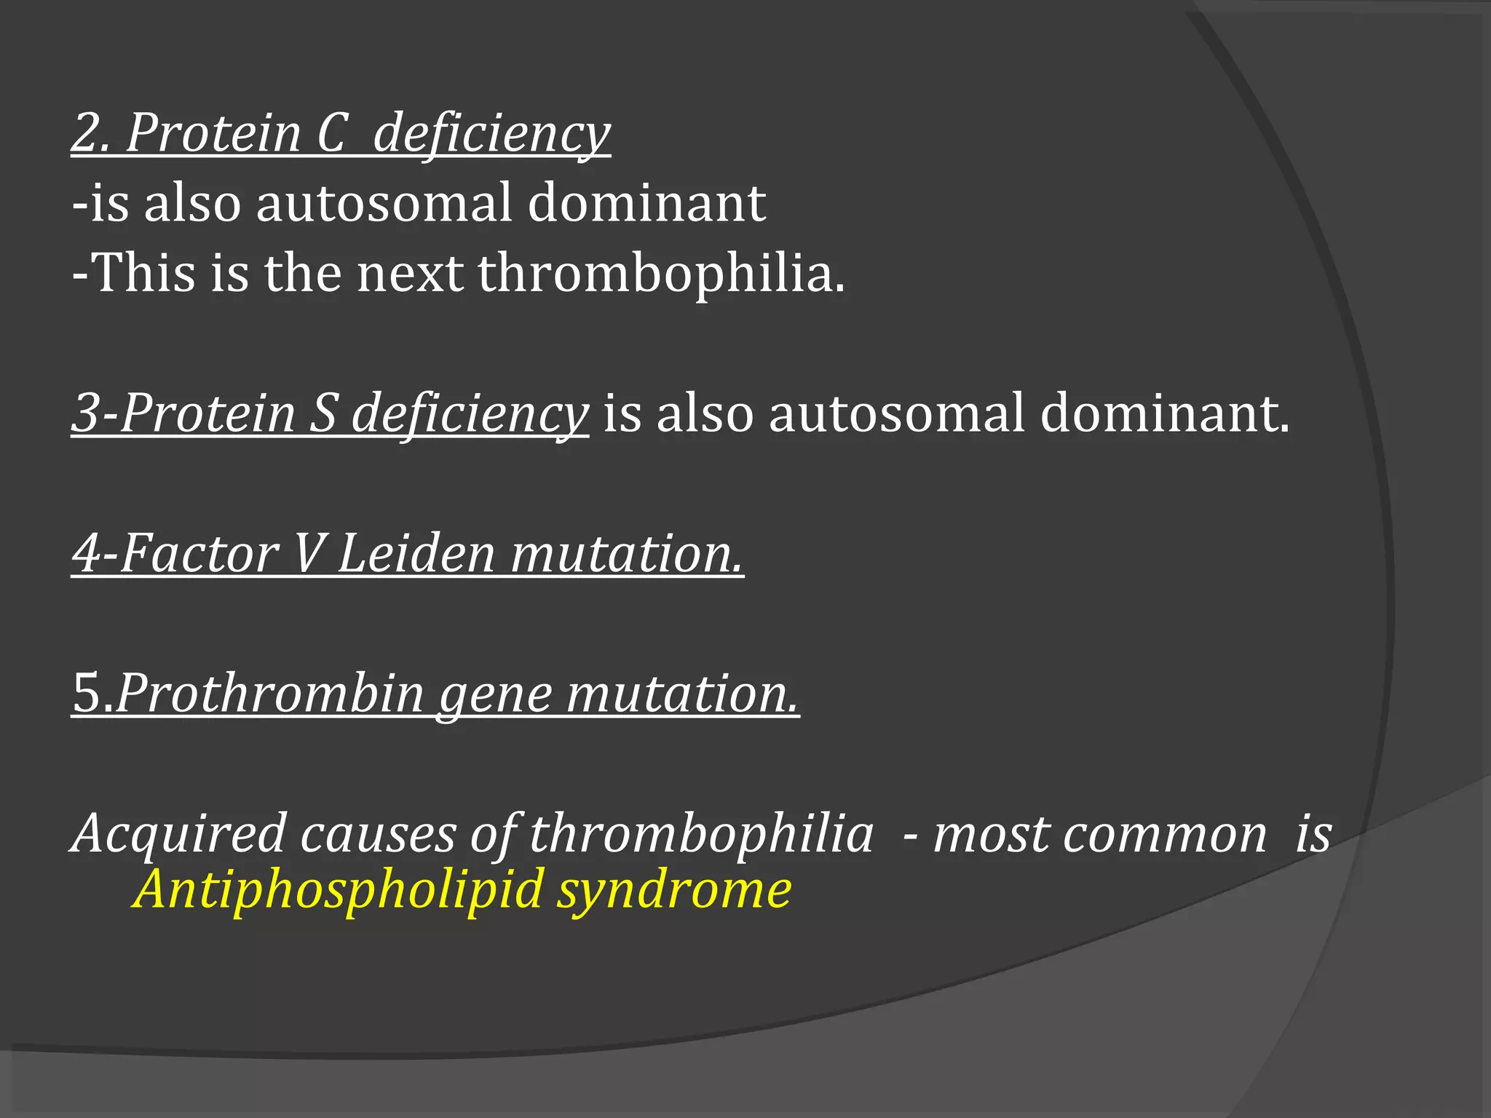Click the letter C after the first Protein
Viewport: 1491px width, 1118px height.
click(x=331, y=134)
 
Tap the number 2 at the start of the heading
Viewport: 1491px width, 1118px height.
click(x=87, y=134)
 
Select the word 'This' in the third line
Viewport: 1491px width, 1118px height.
click(x=145, y=273)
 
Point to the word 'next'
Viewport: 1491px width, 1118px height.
click(x=409, y=273)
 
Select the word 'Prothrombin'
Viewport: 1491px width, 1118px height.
click(x=270, y=694)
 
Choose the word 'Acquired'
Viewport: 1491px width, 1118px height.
click(x=178, y=834)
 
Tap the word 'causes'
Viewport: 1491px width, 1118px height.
click(x=378, y=834)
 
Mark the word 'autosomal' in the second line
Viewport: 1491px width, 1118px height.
click(x=384, y=203)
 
